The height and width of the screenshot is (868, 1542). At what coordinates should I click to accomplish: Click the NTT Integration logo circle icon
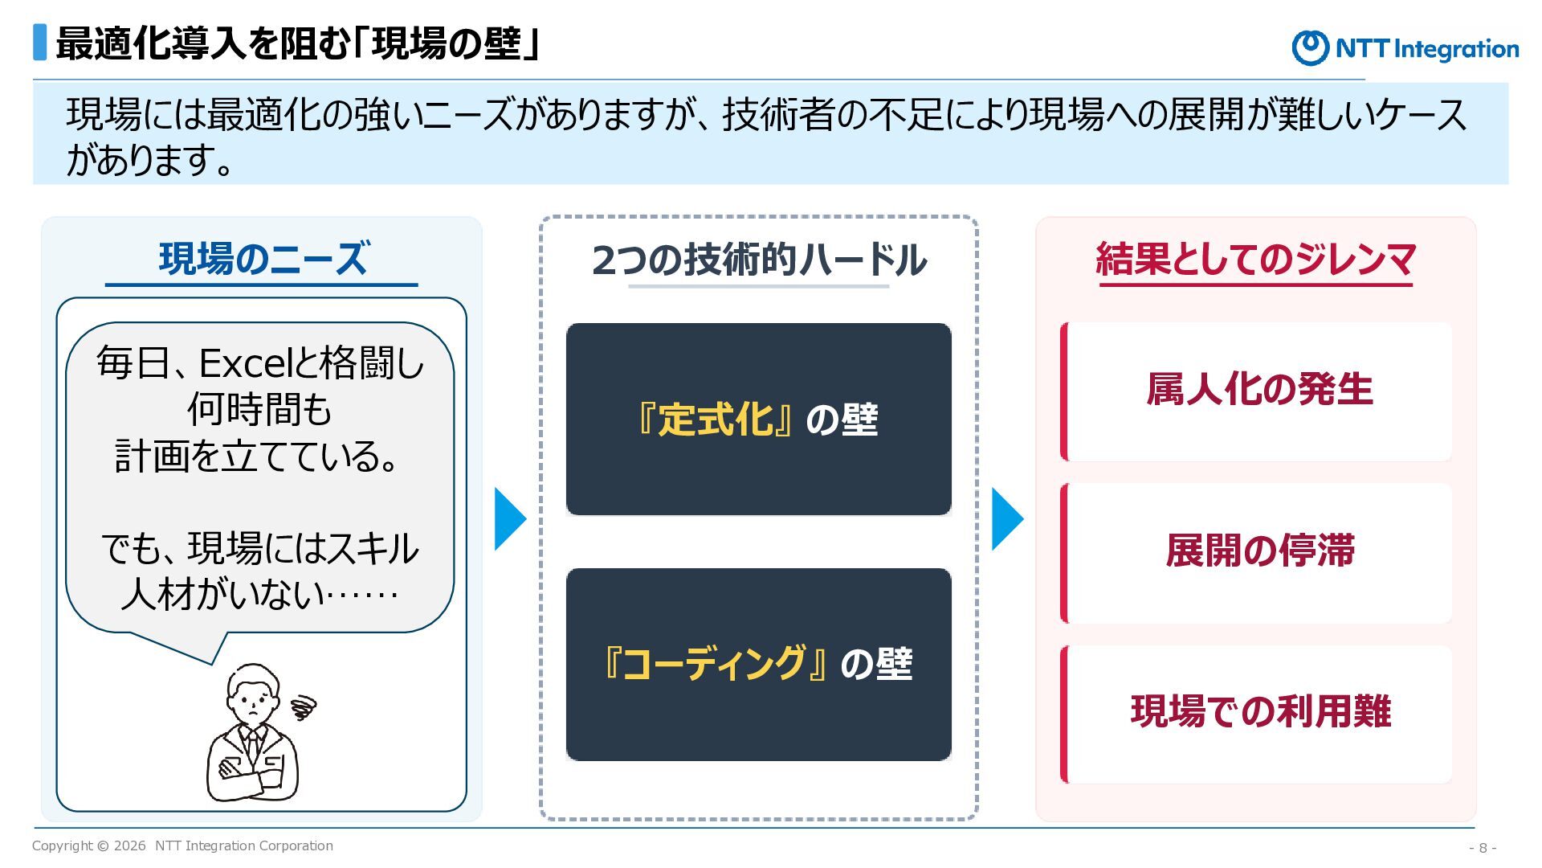1310,47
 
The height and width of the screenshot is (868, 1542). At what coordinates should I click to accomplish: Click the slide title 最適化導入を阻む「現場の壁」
297,43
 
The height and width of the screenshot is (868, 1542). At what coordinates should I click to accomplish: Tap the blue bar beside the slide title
39,43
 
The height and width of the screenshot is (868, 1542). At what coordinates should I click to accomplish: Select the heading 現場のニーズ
263,259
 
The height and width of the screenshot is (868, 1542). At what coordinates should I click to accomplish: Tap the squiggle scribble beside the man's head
304,707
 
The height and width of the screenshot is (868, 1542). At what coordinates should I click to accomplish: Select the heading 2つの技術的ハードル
759,260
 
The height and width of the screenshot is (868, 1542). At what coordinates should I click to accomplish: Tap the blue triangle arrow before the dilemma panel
1008,518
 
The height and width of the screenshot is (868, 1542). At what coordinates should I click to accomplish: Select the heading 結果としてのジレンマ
1255,259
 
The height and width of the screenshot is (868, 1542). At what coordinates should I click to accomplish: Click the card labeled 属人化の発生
1256,391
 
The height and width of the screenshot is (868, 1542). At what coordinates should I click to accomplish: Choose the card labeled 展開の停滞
1256,553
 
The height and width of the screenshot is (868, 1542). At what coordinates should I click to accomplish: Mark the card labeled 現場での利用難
1256,714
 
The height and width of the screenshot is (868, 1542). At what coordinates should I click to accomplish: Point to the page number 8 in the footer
1483,848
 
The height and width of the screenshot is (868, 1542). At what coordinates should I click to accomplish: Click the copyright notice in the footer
182,845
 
